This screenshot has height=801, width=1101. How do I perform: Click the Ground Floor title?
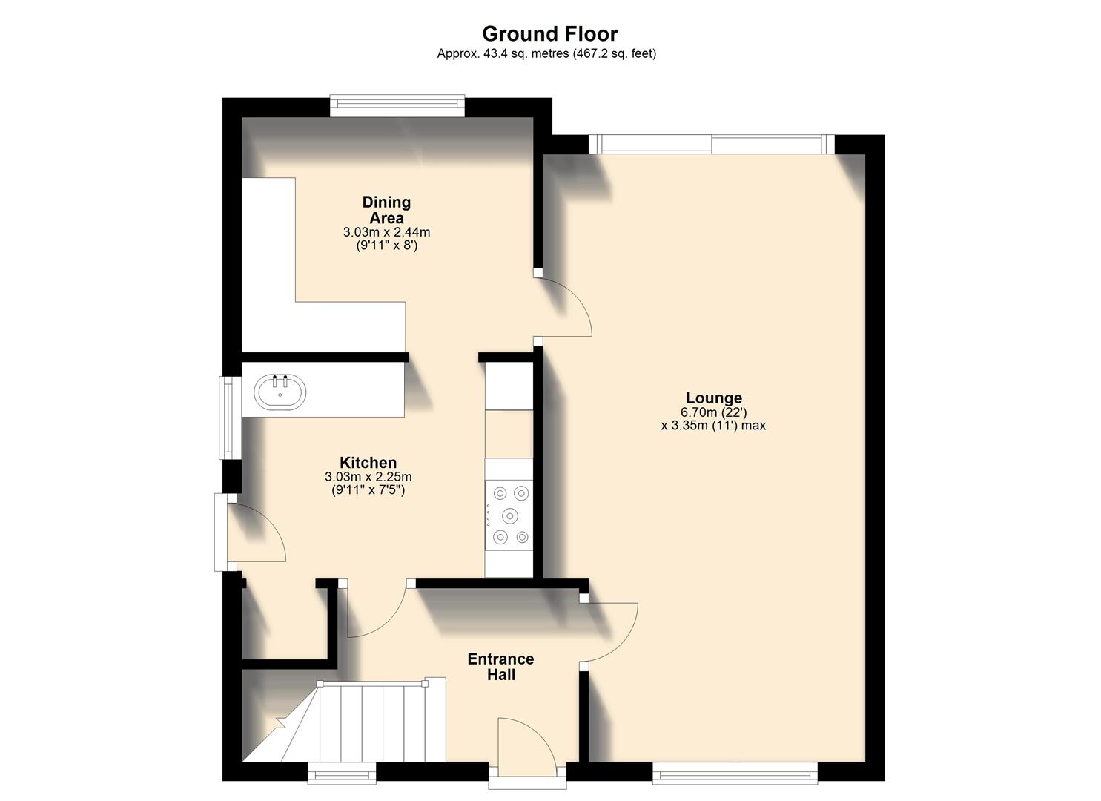click(x=549, y=34)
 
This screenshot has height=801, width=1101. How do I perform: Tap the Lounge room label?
click(x=713, y=398)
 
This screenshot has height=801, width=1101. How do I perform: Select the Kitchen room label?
click(x=368, y=463)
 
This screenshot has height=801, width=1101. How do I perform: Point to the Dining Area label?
click(x=386, y=210)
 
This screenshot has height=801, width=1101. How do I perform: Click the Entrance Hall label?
click(x=500, y=667)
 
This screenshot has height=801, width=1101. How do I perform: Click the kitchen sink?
click(x=280, y=392)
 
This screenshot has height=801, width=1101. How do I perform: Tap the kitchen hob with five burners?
click(x=509, y=515)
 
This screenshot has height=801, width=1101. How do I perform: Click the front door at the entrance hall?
click(x=526, y=749)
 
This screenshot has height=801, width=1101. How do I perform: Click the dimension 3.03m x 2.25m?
click(x=368, y=477)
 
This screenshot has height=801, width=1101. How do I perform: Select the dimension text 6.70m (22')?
click(x=713, y=412)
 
